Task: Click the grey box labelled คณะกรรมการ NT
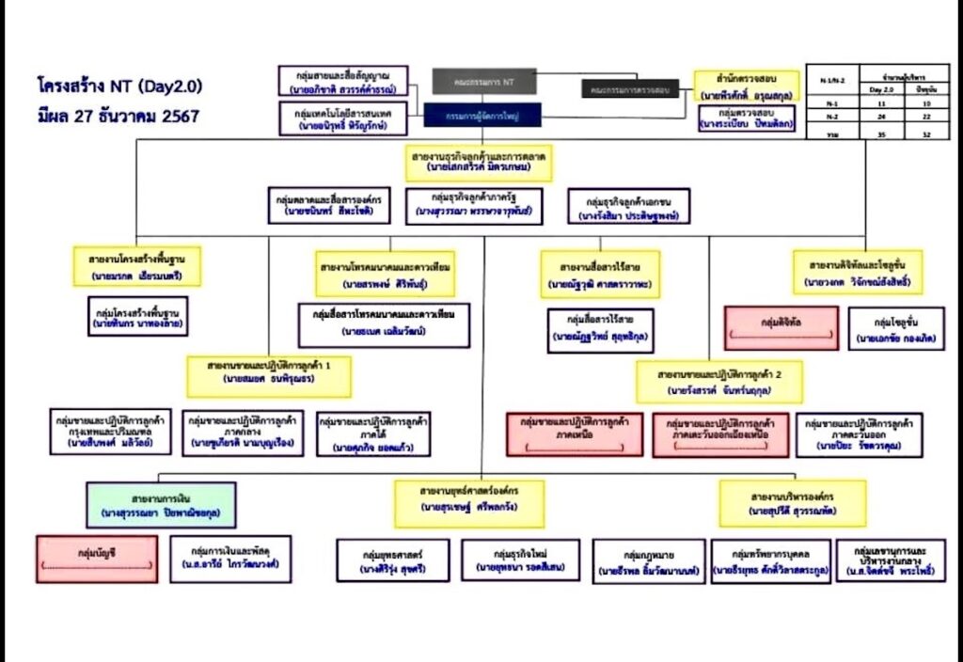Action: [x=484, y=82]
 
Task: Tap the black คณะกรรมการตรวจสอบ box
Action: [x=630, y=89]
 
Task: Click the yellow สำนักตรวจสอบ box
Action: [x=745, y=86]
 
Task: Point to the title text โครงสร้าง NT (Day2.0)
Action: [x=118, y=87]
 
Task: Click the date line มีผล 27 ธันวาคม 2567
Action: [x=118, y=117]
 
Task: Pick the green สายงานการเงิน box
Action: [x=161, y=505]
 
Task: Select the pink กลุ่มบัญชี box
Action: [x=97, y=559]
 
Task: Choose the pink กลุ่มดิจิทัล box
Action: [x=781, y=328]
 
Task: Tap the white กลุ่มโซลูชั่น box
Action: [x=895, y=328]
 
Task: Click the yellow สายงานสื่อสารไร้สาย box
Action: [x=600, y=274]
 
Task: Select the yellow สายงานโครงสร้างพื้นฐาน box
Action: [x=137, y=267]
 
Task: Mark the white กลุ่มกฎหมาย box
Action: [x=650, y=561]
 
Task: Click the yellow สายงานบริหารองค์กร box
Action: [x=793, y=503]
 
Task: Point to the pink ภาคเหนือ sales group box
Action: [x=575, y=434]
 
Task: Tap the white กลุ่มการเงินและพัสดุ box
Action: [x=230, y=559]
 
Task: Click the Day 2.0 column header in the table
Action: [x=881, y=88]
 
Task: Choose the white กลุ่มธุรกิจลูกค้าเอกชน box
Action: [x=629, y=207]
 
